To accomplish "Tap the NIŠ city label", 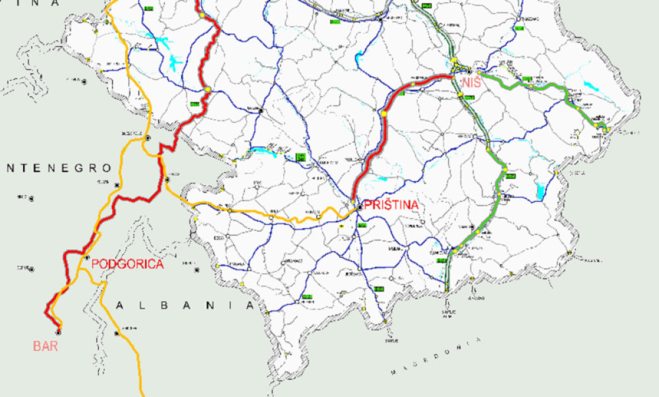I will coord(472,83).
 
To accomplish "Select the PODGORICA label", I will coord(127,264).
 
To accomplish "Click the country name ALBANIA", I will coord(185,306).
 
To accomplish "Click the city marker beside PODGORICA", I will coord(86,257).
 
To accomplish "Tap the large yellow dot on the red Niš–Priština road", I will coord(383,113).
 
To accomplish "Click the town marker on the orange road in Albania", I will coord(117,333).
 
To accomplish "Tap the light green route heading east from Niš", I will coord(527,84).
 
